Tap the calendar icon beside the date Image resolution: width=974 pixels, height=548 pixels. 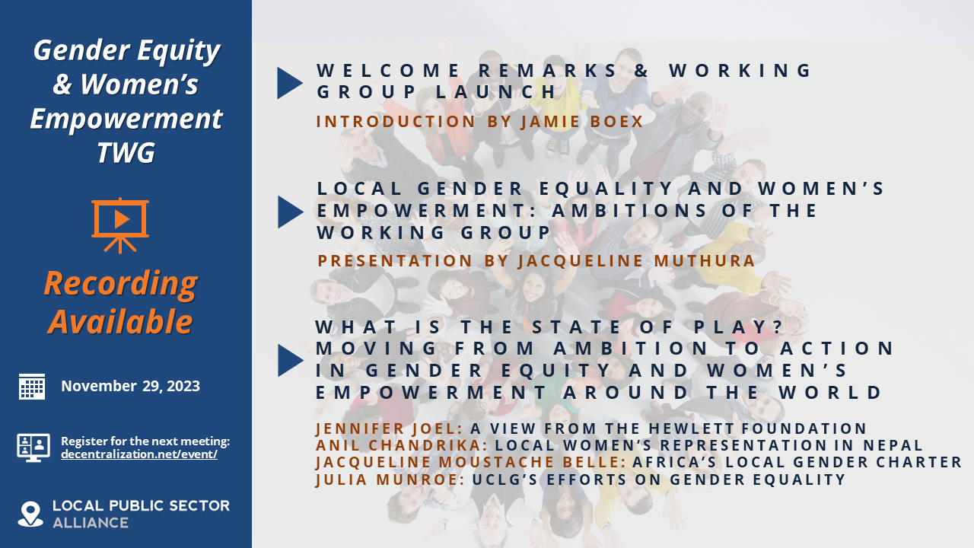tap(32, 386)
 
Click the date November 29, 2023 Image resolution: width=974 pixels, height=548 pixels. tap(131, 386)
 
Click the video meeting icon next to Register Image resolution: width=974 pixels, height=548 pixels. tap(33, 448)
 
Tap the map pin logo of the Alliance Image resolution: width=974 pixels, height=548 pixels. tap(30, 514)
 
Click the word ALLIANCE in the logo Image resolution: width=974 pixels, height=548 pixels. tap(91, 523)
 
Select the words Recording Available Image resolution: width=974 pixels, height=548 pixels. tap(120, 302)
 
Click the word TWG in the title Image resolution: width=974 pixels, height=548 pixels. tap(126, 153)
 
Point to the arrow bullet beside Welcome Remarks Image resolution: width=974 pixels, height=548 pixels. tap(289, 83)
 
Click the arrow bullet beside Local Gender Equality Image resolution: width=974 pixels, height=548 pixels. tap(289, 212)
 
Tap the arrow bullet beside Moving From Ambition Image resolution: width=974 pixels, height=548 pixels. tap(289, 360)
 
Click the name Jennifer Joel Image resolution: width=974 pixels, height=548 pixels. tap(376, 429)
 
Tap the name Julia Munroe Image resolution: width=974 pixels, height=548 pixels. tap(387, 479)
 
